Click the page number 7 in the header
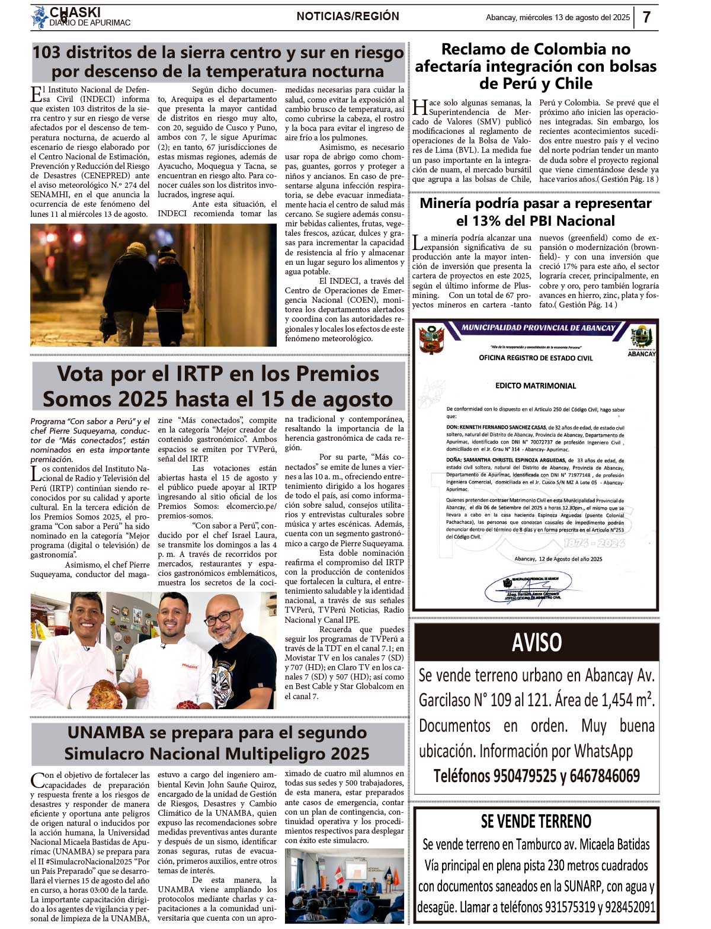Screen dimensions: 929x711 coord(646,17)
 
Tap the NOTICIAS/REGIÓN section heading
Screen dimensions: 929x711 coord(348,17)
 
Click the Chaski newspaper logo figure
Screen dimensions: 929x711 coord(40,17)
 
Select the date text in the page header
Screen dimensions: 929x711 coord(558,18)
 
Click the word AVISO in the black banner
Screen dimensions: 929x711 coord(536,642)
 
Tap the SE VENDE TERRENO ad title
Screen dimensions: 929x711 coord(536,821)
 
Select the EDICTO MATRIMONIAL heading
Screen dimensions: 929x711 coord(536,386)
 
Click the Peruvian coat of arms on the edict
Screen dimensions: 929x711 coord(431,339)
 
